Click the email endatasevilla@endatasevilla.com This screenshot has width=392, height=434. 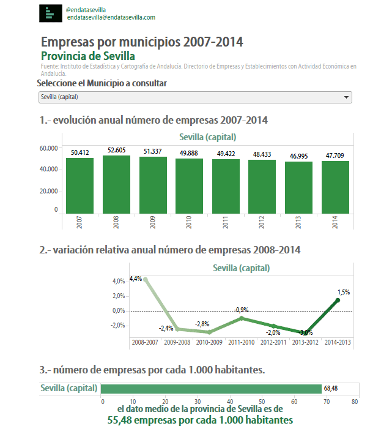(111, 18)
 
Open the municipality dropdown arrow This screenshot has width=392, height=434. (347, 97)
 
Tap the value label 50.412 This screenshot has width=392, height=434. (80, 152)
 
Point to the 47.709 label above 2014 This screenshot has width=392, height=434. (335, 155)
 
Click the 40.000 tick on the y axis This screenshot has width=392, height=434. (48, 170)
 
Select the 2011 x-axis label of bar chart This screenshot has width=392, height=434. (225, 222)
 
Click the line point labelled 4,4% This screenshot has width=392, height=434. (145, 279)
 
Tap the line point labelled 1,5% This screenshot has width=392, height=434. (338, 300)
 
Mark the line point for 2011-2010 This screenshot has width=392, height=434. (242, 318)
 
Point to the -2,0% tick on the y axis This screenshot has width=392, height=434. (117, 326)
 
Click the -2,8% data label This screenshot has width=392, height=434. (202, 323)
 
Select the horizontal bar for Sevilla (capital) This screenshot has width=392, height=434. (211, 389)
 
